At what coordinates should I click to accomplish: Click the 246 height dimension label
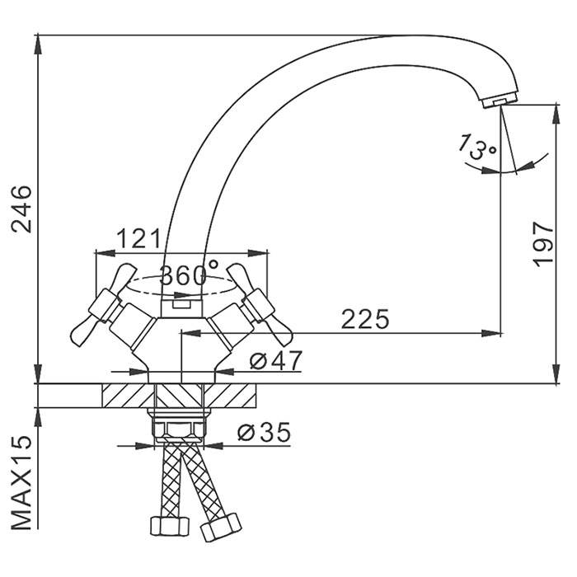[x=22, y=209]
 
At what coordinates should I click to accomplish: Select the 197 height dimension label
[x=541, y=244]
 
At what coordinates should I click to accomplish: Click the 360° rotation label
[x=189, y=274]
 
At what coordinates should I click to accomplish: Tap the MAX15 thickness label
[x=22, y=482]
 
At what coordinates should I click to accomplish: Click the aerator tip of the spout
[x=498, y=100]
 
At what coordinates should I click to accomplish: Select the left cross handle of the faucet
[x=99, y=304]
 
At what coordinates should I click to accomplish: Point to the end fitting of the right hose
[x=221, y=525]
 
